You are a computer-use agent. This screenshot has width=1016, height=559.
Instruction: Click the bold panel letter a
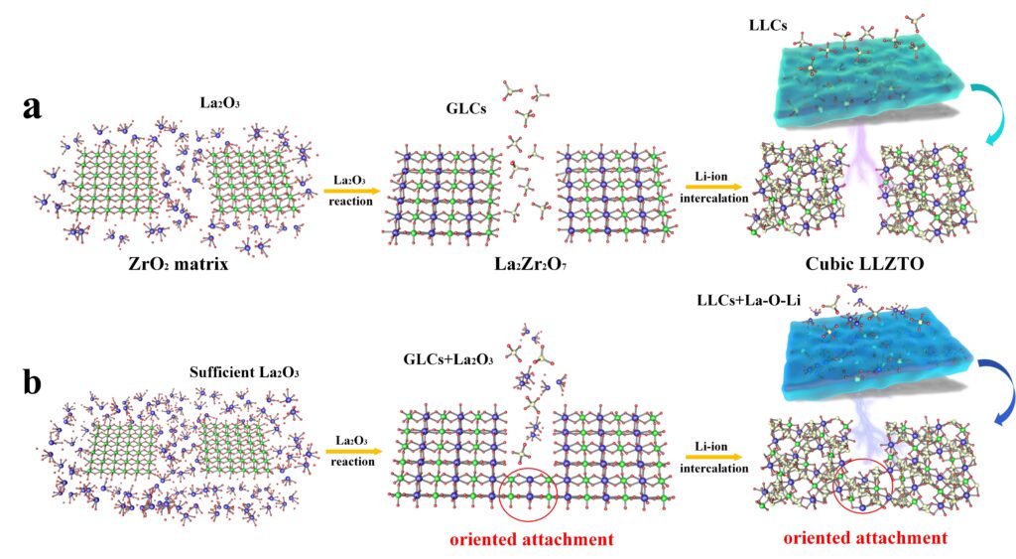click(32, 107)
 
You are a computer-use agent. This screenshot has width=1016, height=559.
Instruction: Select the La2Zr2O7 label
click(531, 264)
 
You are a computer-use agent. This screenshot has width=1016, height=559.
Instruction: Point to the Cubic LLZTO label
click(864, 264)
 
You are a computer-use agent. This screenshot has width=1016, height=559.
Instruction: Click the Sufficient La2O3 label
click(244, 373)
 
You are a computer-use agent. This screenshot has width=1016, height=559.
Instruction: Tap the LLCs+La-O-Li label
click(748, 300)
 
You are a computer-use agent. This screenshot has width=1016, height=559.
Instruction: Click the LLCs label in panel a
click(767, 25)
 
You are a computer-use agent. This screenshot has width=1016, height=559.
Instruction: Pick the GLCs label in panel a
click(466, 108)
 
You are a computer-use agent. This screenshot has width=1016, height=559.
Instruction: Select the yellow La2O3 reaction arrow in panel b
click(354, 452)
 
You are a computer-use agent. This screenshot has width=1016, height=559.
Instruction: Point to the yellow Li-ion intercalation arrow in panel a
click(713, 187)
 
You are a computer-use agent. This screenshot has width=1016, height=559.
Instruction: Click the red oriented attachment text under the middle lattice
click(532, 539)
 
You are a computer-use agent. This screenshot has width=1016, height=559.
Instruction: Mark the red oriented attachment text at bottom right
click(865, 537)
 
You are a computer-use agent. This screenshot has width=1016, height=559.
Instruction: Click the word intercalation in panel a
click(714, 199)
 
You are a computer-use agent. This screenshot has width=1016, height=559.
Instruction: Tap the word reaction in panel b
click(352, 462)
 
